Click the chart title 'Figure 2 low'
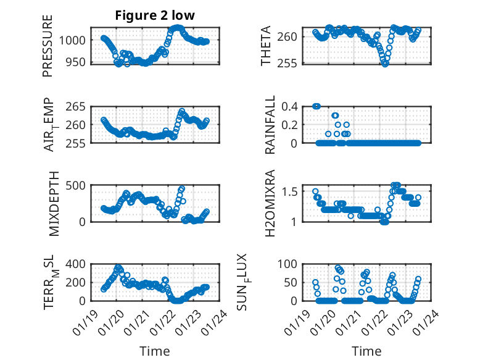coord(154,15)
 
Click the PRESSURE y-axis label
coord(48,46)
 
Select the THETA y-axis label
coord(266,46)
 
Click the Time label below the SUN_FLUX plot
coord(366,351)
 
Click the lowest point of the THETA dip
coord(385,63)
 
